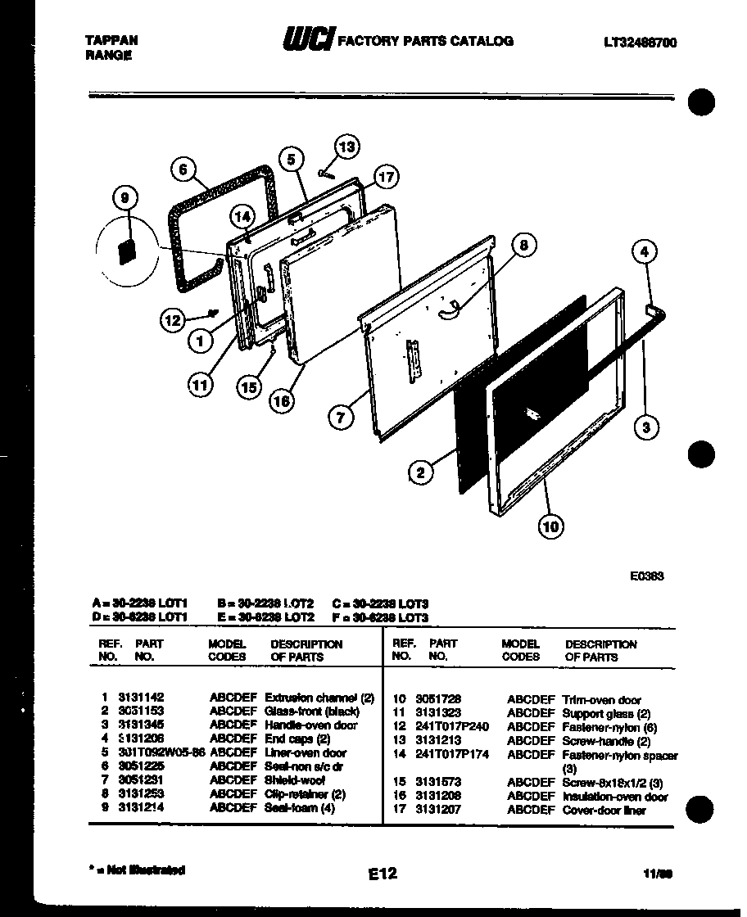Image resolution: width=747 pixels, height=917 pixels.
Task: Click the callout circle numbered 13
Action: click(x=347, y=147)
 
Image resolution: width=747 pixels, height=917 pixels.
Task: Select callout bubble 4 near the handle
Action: click(x=645, y=252)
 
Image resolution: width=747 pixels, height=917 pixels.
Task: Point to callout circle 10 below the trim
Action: click(x=551, y=526)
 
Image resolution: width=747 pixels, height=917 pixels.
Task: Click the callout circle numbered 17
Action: click(x=386, y=176)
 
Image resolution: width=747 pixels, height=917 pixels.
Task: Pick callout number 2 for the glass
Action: click(x=420, y=472)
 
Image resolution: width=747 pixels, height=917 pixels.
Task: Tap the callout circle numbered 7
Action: click(x=342, y=417)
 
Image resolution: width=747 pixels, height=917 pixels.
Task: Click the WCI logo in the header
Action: click(x=308, y=39)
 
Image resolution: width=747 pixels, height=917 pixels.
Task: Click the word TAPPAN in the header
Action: click(x=111, y=39)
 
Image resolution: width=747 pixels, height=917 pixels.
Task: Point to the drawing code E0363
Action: click(x=646, y=576)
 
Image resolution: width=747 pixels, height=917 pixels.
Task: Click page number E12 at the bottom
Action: click(x=382, y=874)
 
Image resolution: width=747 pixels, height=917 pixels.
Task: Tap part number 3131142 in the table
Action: click(x=141, y=698)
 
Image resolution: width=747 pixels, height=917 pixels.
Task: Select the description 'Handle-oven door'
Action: click(x=311, y=725)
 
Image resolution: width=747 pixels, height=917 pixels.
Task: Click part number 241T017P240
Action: click(x=451, y=726)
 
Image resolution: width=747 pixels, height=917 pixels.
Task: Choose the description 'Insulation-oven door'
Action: click(x=615, y=797)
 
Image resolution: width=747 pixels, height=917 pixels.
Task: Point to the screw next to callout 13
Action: click(x=328, y=172)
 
